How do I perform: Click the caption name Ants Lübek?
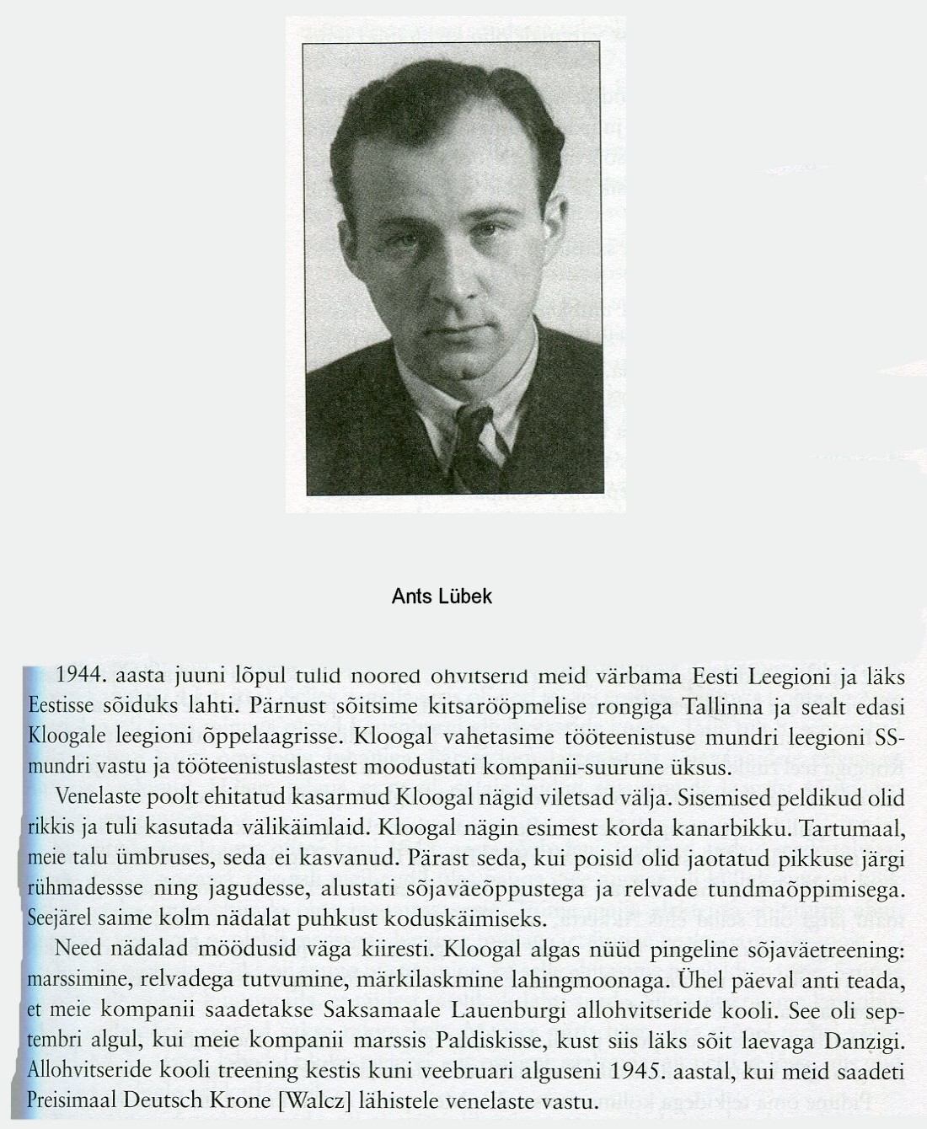coord(442,597)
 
